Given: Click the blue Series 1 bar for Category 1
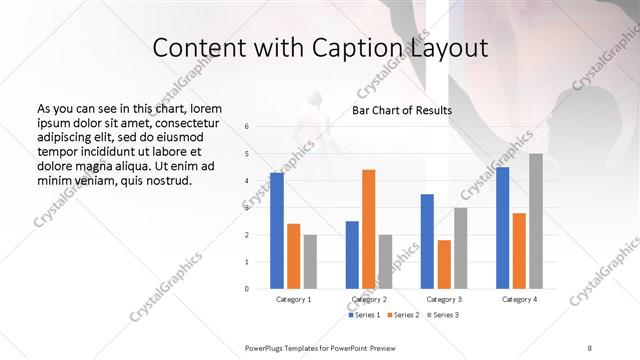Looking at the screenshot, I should tap(277, 230).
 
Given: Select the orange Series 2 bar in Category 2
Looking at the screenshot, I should tap(368, 229).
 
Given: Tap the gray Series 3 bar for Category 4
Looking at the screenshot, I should tap(536, 221).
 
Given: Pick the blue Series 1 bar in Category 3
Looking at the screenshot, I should tap(427, 241).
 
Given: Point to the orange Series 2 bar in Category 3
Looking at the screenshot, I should tap(444, 264).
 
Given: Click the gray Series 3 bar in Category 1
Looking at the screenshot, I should tap(310, 261).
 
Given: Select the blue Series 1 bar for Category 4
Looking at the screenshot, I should tap(503, 227).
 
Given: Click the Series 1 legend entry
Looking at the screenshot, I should tap(364, 315).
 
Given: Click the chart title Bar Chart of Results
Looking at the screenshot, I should tap(401, 110).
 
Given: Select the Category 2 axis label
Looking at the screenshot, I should tap(368, 299).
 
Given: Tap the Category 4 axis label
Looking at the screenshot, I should tap(519, 299).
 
